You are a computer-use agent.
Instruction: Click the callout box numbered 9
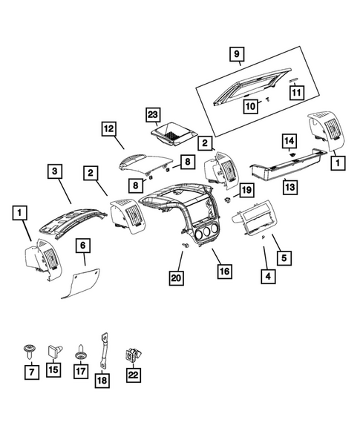point(236,54)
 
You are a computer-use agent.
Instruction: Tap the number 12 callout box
point(109,130)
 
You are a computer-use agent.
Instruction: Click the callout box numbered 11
point(296,93)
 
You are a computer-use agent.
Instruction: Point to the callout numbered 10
point(251,106)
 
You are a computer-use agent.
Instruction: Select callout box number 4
point(265,277)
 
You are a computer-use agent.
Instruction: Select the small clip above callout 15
point(53,347)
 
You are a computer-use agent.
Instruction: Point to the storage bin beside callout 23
point(173,135)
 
